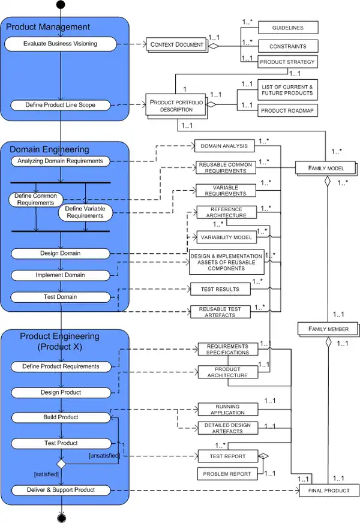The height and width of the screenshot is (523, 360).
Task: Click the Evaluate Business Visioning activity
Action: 60,44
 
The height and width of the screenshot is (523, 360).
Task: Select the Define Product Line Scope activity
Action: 60,105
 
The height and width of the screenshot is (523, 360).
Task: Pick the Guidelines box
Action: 288,28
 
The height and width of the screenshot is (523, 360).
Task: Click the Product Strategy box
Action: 287,62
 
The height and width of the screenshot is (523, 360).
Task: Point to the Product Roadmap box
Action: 287,110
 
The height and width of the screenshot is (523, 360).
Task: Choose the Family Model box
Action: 326,168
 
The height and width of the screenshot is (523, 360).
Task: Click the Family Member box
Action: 327,329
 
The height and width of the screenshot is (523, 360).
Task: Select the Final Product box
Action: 329,491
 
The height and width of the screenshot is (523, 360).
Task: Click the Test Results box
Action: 220,289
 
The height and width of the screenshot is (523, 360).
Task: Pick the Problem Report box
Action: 227,474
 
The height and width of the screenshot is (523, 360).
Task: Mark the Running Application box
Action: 227,410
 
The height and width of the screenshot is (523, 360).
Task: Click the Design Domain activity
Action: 60,253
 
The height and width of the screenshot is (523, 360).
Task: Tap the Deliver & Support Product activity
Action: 60,490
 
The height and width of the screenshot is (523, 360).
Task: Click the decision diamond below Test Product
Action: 61,463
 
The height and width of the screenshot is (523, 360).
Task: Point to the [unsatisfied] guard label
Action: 104,456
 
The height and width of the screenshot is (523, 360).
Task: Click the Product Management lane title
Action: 48,27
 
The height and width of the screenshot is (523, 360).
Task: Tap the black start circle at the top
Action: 61,5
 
